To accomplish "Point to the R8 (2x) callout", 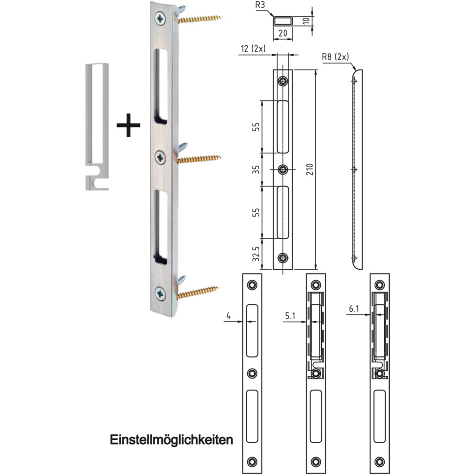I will [x=336, y=58].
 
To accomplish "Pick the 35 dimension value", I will [x=255, y=169].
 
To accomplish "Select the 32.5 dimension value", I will [x=255, y=254].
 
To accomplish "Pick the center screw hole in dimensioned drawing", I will [x=282, y=170].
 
